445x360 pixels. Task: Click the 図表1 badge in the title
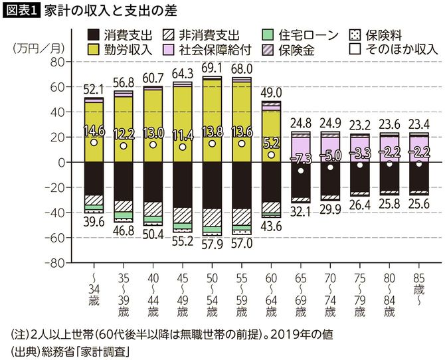pos(21,10)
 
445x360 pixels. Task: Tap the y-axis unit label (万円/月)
pos(36,48)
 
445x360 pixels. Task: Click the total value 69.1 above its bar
pos(212,68)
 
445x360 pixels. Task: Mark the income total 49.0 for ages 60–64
pos(272,92)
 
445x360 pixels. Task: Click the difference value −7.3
pos(301,158)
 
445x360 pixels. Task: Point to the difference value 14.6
pos(94,131)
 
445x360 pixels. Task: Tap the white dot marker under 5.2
pos(271,155)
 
